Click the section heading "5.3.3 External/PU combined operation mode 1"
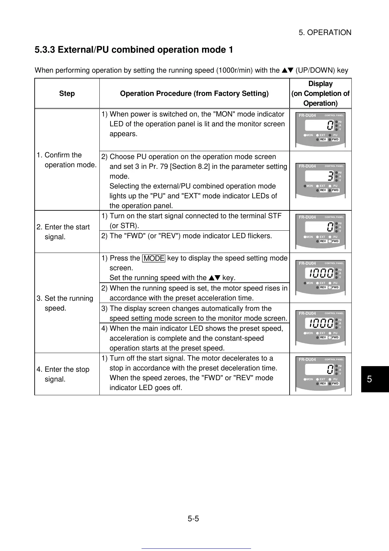134,50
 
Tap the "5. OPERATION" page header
325,32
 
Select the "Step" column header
67,94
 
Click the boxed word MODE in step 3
154,258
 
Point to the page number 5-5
193,519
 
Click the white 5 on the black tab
369,379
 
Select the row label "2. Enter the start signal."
67,232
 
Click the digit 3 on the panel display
331,177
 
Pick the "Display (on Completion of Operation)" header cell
320,94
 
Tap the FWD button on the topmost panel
335,140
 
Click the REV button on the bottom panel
323,384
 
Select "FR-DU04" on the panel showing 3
307,166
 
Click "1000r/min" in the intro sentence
234,70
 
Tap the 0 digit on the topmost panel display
330,125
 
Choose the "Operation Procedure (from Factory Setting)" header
194,94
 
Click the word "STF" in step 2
275,216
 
